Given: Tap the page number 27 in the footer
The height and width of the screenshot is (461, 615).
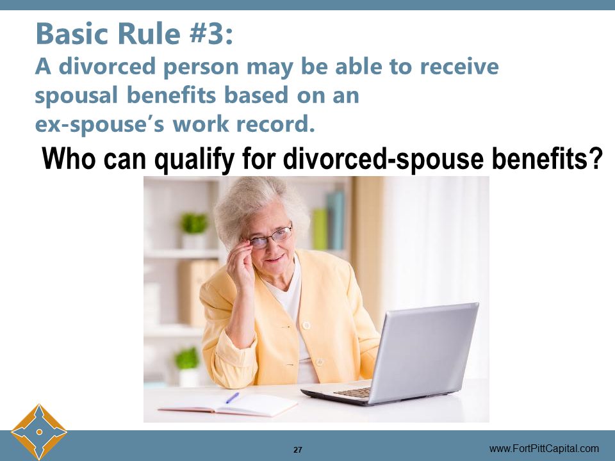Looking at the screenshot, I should coord(298,449).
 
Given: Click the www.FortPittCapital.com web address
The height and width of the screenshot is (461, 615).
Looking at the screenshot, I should coord(544,448).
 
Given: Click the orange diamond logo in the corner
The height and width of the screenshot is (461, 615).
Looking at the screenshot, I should coord(39,432).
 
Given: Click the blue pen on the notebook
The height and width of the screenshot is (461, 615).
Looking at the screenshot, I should coord(232,398).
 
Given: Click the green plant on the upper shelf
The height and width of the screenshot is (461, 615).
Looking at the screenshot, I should coord(194,223).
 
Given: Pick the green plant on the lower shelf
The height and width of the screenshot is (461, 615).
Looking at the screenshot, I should coord(188,359).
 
